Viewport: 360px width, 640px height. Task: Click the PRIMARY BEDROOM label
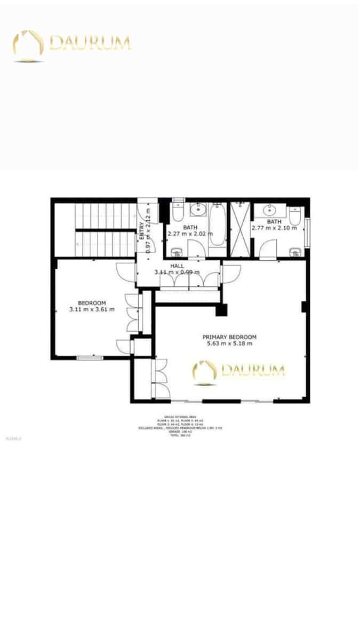click(x=229, y=337)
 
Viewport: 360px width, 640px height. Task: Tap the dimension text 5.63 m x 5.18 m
click(x=229, y=344)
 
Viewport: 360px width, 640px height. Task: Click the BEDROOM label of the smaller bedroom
click(x=92, y=302)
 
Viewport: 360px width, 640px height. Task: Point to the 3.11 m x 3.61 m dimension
click(x=92, y=309)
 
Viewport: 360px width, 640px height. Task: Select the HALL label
click(x=177, y=266)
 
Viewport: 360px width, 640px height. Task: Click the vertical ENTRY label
click(x=142, y=230)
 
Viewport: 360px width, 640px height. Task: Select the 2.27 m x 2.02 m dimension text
click(x=190, y=234)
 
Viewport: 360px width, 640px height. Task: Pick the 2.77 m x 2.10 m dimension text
click(x=274, y=228)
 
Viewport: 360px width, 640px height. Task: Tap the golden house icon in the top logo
click(x=28, y=45)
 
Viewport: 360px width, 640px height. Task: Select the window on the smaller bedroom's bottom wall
click(x=90, y=358)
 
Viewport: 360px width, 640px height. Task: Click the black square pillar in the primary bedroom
click(x=221, y=310)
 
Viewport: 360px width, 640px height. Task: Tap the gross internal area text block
click(x=179, y=426)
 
